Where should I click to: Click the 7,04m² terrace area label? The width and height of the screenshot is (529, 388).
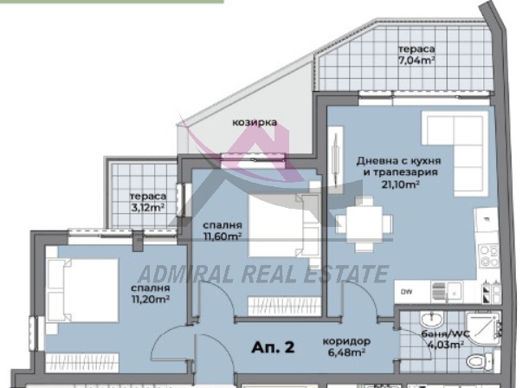[416, 61]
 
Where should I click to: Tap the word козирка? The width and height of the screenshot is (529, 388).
[255, 122]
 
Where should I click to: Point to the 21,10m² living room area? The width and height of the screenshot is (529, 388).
[401, 184]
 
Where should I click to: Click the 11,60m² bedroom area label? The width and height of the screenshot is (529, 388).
[223, 236]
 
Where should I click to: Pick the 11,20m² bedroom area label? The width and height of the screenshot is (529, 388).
[151, 299]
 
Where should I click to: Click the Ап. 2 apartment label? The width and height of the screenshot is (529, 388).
[273, 347]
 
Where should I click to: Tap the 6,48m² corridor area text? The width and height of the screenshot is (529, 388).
[346, 352]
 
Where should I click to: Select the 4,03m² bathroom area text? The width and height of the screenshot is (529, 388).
[446, 345]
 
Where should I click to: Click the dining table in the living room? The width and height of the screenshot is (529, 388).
[364, 223]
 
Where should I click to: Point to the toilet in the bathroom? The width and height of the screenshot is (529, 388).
[480, 361]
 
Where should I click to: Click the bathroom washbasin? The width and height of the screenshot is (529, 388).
[432, 320]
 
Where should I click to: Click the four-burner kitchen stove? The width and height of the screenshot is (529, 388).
[489, 256]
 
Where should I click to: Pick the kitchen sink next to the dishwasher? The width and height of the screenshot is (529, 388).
[447, 292]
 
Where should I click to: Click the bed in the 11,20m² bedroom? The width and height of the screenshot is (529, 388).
[82, 290]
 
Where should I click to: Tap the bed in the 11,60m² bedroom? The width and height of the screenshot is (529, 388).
[284, 225]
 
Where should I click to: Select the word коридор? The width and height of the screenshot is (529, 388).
[346, 341]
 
